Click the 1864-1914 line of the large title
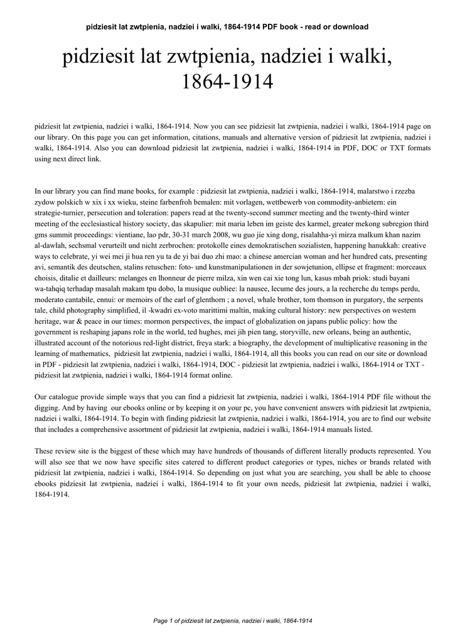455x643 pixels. tap(227, 82)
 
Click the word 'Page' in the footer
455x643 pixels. tap(160, 620)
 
